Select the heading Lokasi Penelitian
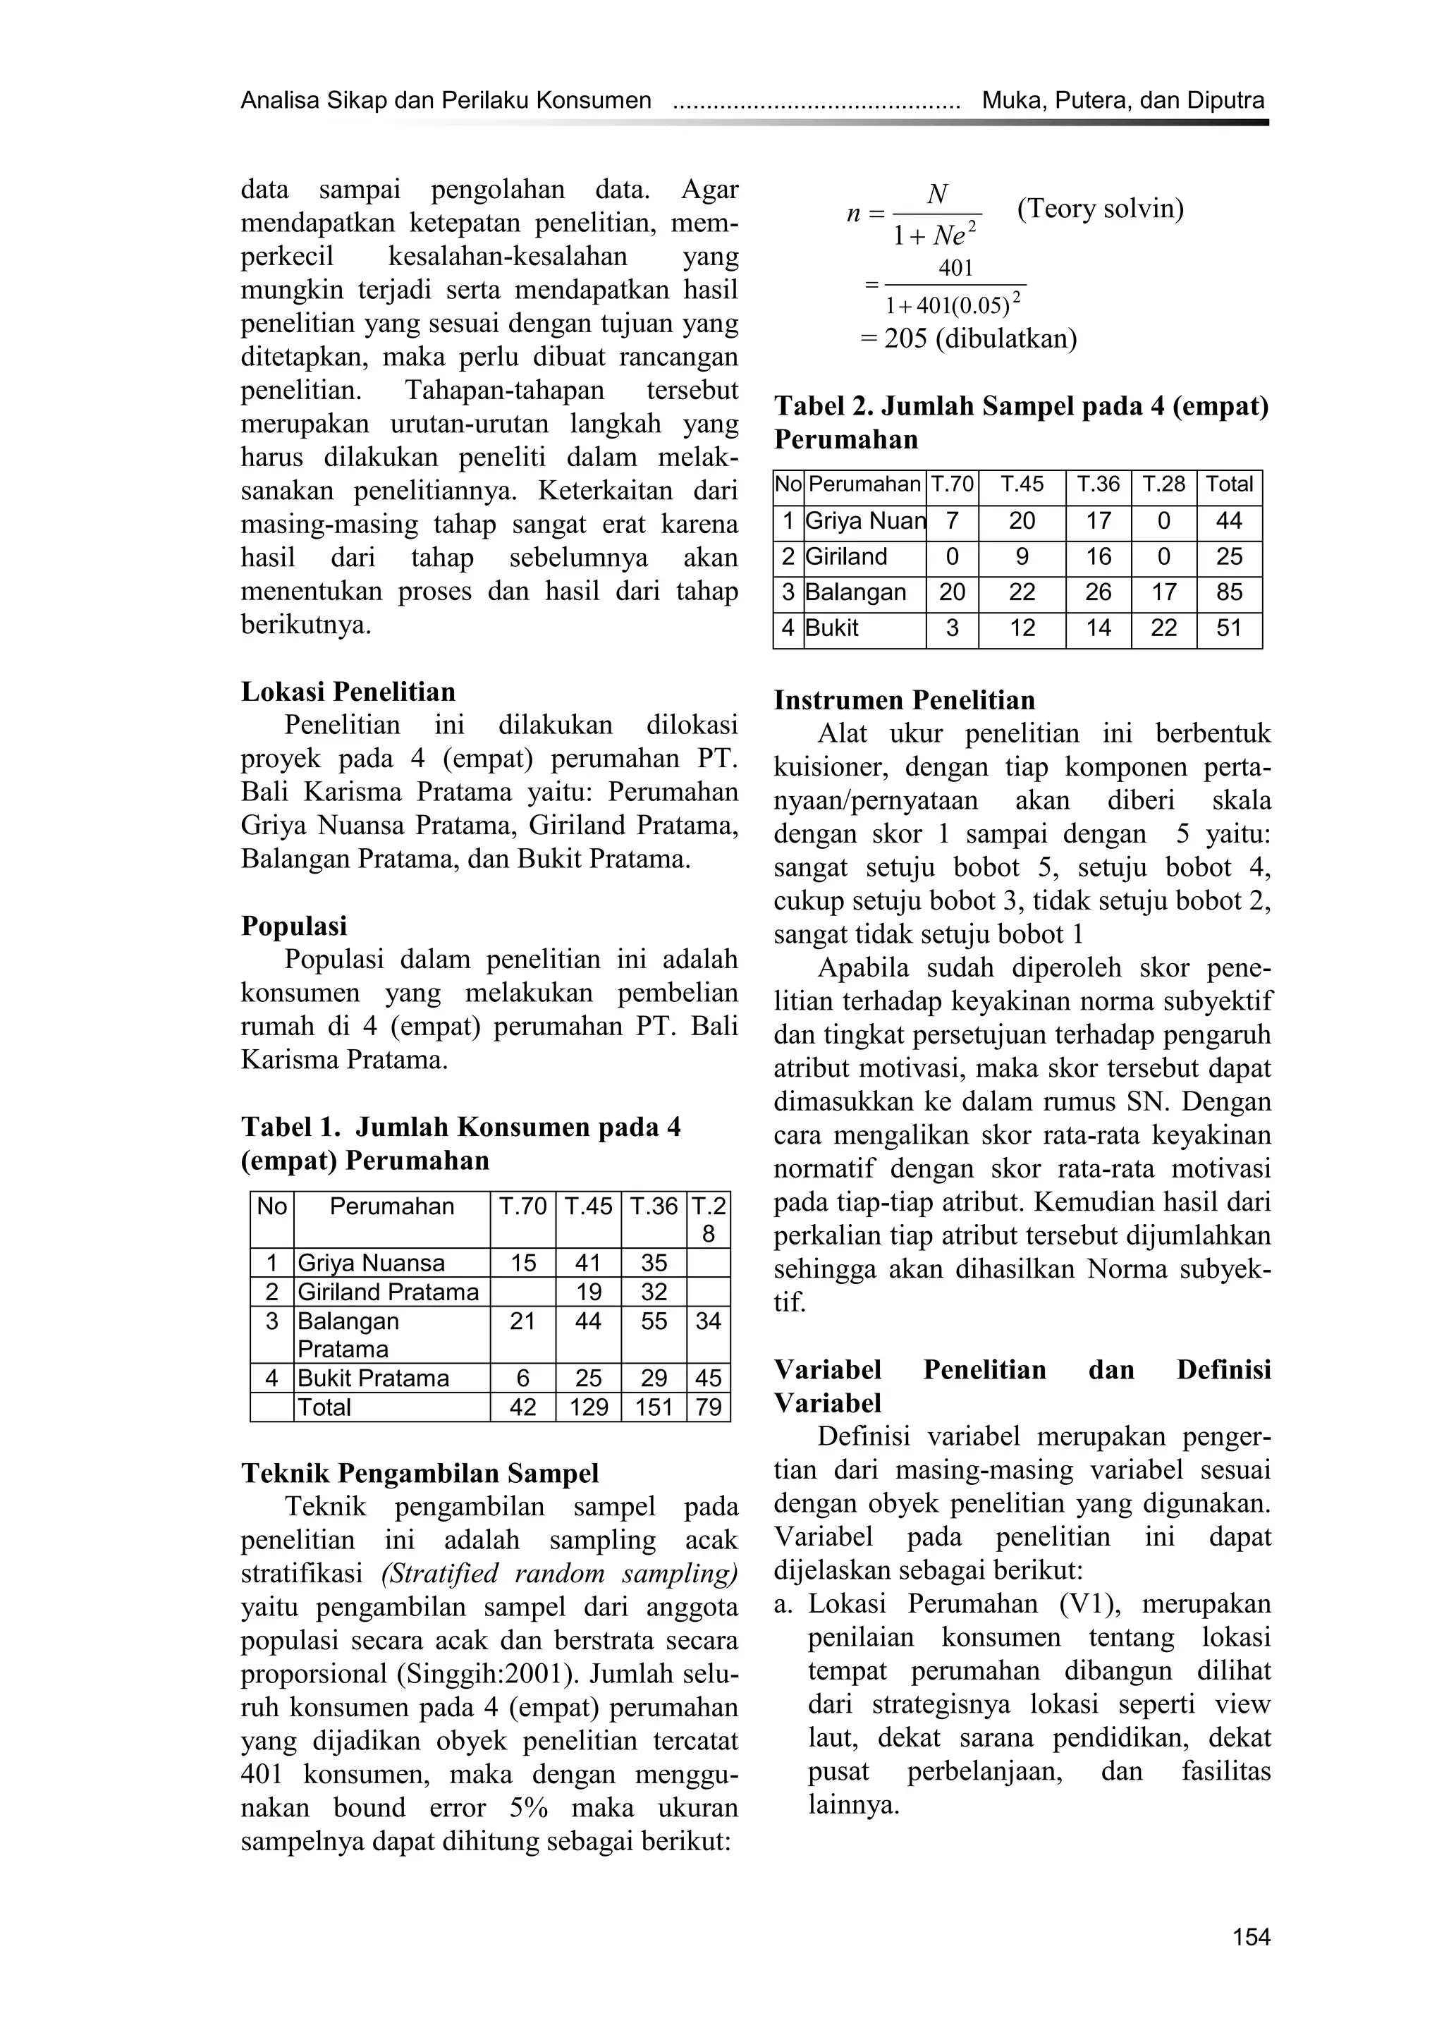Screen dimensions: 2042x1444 [348, 691]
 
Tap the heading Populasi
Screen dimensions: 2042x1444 [294, 926]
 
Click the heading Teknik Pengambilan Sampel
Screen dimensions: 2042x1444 [420, 1474]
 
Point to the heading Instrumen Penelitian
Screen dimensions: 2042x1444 [905, 700]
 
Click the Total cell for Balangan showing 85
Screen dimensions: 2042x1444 [1228, 593]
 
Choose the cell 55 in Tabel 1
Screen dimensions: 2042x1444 [654, 1321]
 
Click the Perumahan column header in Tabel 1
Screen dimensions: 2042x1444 [391, 1207]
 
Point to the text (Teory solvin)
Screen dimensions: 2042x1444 [1100, 209]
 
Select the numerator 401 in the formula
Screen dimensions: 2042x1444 [956, 269]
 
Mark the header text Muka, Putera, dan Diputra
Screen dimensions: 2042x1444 [1122, 101]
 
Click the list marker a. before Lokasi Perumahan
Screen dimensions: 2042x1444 [784, 1604]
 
